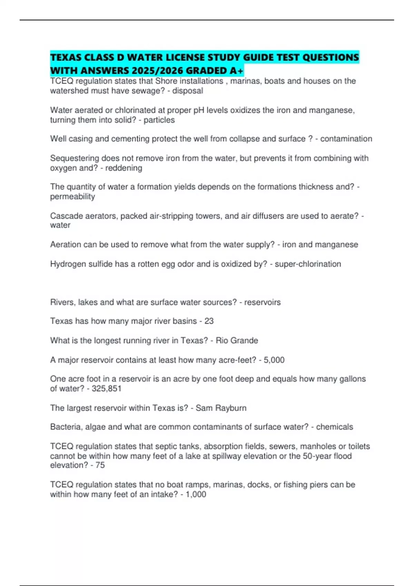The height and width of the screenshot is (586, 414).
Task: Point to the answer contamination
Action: coord(346,139)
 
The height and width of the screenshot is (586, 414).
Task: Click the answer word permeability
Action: coord(72,196)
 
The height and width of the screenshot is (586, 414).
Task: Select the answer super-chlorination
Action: coord(308,264)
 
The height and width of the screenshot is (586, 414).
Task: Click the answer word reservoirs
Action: coord(262,302)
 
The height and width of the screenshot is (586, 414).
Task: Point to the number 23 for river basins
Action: coord(209,321)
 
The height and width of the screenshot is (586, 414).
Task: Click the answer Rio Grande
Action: coord(237,341)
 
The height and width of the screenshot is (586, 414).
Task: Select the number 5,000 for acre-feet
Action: coord(274,360)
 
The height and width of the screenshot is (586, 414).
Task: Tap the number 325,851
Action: coord(106,388)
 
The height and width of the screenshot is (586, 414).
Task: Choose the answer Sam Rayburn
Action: coord(221,408)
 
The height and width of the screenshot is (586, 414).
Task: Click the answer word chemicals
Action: coord(334,427)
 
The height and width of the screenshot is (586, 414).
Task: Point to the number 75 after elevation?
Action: coord(100,465)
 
